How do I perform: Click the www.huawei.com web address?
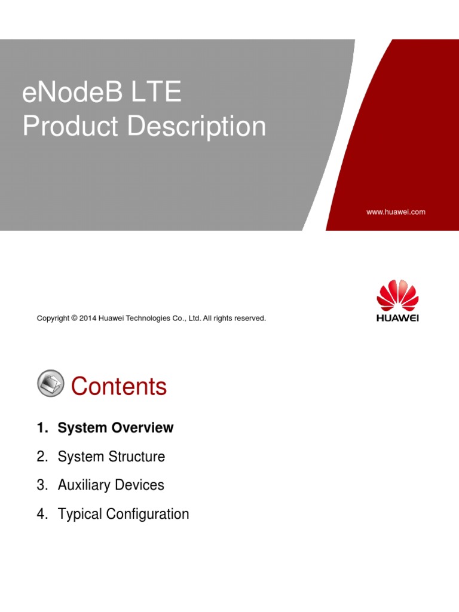click(396, 212)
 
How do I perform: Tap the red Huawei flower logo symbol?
click(397, 295)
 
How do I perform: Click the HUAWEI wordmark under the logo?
click(397, 318)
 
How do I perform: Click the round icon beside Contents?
click(51, 383)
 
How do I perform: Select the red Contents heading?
click(119, 387)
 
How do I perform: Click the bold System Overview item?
click(115, 428)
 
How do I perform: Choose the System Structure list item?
click(111, 457)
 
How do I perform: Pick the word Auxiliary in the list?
click(83, 485)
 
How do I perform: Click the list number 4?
click(41, 514)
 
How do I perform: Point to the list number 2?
click(41, 457)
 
